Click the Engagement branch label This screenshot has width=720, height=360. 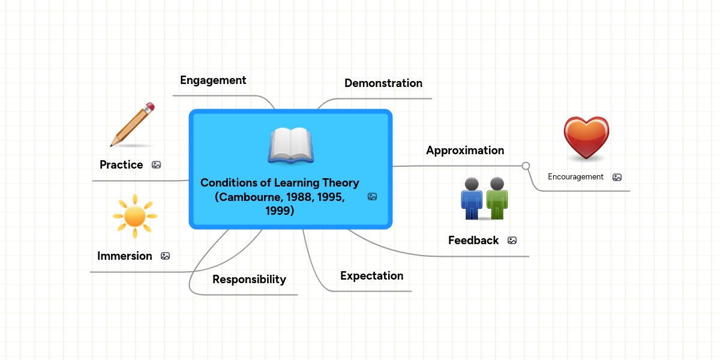pyautogui.click(x=213, y=80)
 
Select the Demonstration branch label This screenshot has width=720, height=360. pyautogui.click(x=383, y=83)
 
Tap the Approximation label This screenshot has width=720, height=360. pyautogui.click(x=464, y=151)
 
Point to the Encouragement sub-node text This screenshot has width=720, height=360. pyautogui.click(x=575, y=177)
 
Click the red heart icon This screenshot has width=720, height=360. pyautogui.click(x=586, y=139)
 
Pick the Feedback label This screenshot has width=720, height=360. pyautogui.click(x=473, y=241)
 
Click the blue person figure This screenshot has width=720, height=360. pyautogui.click(x=472, y=199)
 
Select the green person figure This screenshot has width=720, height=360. pyautogui.click(x=497, y=199)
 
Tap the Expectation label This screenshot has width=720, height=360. pyautogui.click(x=371, y=276)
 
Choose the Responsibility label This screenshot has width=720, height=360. pyautogui.click(x=249, y=280)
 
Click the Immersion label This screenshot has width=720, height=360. pyautogui.click(x=125, y=256)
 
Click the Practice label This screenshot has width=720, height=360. pyautogui.click(x=121, y=165)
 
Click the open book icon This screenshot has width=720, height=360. pyautogui.click(x=290, y=146)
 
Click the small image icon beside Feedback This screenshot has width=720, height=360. pyautogui.click(x=512, y=241)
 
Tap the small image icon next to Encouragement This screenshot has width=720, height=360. pyautogui.click(x=617, y=177)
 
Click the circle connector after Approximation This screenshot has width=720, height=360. pyautogui.click(x=526, y=166)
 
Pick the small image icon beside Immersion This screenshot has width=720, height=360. pyautogui.click(x=165, y=256)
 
